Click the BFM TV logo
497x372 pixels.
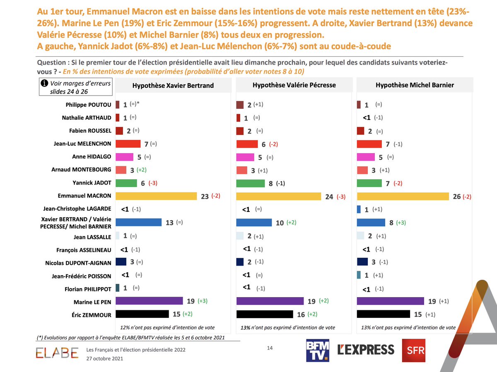click(318, 350)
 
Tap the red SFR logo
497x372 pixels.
click(414, 350)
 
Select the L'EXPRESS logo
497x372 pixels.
click(366, 350)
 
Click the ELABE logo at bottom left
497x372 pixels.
click(57, 353)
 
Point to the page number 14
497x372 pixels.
click(270, 348)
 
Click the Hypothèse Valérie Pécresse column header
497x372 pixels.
click(294, 85)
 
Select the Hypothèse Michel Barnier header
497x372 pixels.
click(415, 85)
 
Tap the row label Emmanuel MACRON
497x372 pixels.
click(84, 196)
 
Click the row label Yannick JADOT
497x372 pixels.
click(92, 183)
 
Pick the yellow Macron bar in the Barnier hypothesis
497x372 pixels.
click(403, 196)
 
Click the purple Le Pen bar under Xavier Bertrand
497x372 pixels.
click(149, 301)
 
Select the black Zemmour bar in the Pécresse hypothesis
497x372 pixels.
click(265, 314)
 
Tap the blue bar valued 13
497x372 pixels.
click(139, 222)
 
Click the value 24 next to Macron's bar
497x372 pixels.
click(329, 197)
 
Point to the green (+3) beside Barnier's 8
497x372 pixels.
click(401, 223)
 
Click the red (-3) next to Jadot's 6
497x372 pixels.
click(153, 183)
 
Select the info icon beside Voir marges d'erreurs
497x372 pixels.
click(44, 83)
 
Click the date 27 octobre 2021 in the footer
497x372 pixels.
click(105, 359)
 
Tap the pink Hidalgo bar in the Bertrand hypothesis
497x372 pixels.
click(125, 157)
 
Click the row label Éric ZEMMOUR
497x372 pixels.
click(92, 315)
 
